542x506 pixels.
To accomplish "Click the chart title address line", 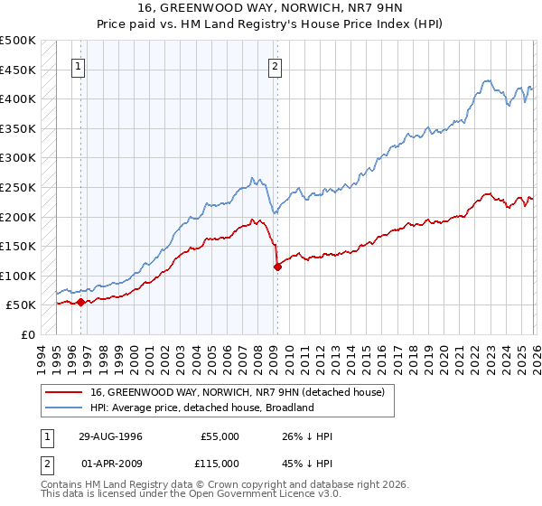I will tap(271, 8).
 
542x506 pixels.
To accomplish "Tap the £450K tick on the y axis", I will tap(18, 70).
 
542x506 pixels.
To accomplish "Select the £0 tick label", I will tap(29, 334).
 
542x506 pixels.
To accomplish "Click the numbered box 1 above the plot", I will tap(79, 65).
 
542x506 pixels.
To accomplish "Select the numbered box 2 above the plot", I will tap(274, 65).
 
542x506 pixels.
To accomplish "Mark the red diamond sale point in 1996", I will tap(81, 302).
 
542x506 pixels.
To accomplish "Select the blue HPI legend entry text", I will tap(201, 408).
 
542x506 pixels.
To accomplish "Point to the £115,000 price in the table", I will tap(219, 463).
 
